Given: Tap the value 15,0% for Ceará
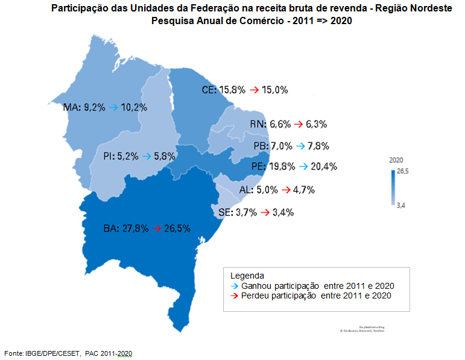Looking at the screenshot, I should (x=274, y=90).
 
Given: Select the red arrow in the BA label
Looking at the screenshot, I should (x=157, y=229).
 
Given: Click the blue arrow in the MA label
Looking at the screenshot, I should (x=113, y=107).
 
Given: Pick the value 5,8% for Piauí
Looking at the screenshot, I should (x=164, y=156).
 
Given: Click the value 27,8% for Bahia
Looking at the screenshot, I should (x=134, y=229).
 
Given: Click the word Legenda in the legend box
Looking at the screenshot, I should (x=247, y=275).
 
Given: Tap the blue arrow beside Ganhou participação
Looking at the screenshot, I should (x=235, y=285).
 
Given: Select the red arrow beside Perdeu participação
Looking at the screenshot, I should (x=235, y=295).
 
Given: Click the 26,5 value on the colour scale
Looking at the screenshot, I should (x=402, y=171).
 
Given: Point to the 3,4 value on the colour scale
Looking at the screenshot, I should (x=400, y=206).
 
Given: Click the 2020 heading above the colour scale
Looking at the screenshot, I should (x=396, y=160).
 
